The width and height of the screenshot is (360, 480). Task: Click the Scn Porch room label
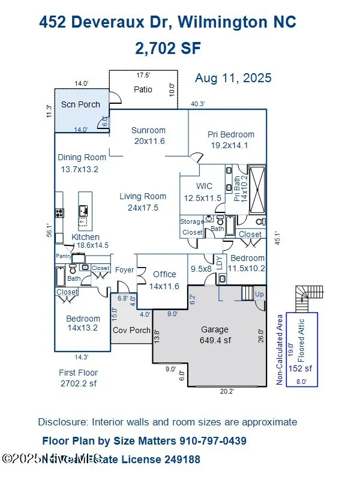80,104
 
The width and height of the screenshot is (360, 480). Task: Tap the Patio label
143,89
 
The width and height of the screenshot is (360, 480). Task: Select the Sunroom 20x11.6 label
148,136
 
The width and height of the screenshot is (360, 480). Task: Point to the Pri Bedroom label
231,134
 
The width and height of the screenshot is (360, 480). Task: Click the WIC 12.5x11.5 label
204,192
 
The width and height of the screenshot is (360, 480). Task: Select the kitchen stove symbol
60,212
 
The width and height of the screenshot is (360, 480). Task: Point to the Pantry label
63,256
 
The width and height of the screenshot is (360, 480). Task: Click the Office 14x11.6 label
164,280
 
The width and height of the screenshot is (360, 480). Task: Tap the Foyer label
124,270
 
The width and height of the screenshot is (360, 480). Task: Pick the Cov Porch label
131,330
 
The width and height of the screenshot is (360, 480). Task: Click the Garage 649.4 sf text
214,335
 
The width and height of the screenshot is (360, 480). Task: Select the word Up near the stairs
259,295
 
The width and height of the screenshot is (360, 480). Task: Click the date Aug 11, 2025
233,78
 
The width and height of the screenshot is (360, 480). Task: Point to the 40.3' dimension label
198,104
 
